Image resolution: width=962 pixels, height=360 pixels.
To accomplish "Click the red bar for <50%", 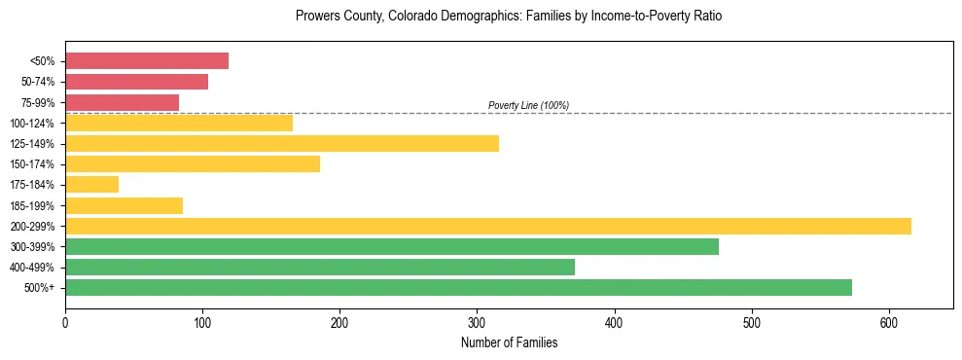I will (147, 61).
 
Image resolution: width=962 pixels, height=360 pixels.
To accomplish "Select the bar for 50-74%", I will (136, 82).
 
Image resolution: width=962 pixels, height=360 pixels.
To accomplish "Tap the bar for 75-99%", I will (122, 102).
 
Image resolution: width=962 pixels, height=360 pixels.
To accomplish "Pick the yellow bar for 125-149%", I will (282, 144).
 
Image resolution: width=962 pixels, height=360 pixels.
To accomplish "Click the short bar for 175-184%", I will (91, 185).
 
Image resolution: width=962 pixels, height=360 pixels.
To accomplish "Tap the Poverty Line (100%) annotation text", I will (528, 105).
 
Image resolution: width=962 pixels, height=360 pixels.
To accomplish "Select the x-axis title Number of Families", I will (509, 342).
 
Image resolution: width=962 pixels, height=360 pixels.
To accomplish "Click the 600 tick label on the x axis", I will (889, 322).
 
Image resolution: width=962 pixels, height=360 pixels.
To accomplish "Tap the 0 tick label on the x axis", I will (65, 322).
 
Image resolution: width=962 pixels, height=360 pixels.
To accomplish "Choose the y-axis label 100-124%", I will (32, 124).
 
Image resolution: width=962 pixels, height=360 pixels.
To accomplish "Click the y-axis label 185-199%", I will (32, 206).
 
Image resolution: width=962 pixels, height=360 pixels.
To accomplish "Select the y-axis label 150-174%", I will (32, 164).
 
